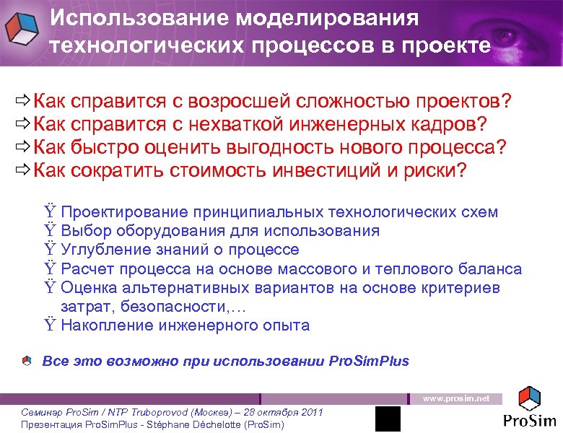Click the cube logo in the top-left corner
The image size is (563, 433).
22,29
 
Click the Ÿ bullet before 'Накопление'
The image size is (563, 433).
49,325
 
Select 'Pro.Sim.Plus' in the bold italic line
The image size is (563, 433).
368,361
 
